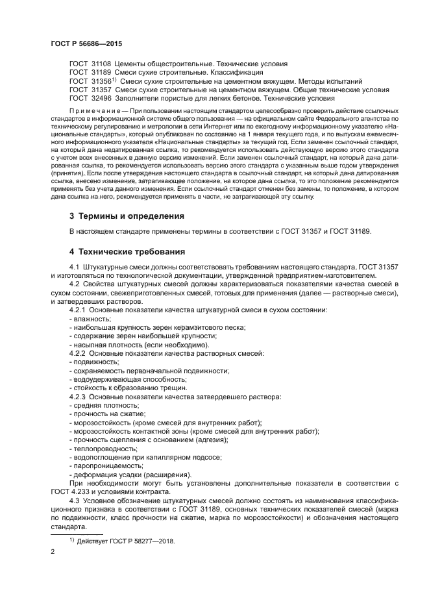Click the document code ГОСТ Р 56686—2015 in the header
click(86, 43)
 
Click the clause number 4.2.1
click(77, 311)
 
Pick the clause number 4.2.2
click(77, 353)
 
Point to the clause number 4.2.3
click(77, 396)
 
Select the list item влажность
click(92, 319)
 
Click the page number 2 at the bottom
click(52, 552)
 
